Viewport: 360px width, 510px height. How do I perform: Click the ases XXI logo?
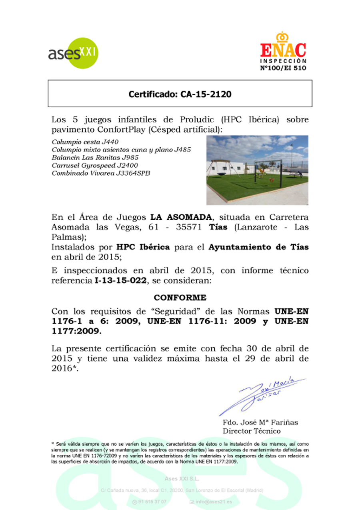pyautogui.click(x=73, y=53)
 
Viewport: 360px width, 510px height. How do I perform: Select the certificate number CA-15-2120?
pyautogui.click(x=180, y=94)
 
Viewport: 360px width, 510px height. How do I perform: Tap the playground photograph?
pyautogui.click(x=257, y=170)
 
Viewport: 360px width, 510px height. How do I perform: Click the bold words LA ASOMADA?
pyautogui.click(x=181, y=217)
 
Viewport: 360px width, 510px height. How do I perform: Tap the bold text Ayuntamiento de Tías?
pyautogui.click(x=259, y=247)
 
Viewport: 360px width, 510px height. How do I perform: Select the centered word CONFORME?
pyautogui.click(x=180, y=298)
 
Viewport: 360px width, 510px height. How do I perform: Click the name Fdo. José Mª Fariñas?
pyautogui.click(x=260, y=423)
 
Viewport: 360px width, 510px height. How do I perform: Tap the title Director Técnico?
pyautogui.click(x=252, y=431)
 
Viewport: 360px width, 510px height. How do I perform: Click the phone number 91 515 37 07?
pyautogui.click(x=152, y=501)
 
